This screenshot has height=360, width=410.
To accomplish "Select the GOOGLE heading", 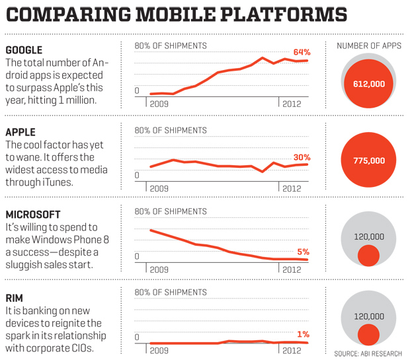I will pos(24,51).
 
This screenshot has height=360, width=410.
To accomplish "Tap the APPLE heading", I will pos(20,132).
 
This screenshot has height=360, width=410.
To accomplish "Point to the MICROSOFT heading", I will pos(32,215).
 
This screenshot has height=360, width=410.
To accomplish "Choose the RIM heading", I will pos(14,298).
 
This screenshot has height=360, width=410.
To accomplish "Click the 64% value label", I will pos(302,52).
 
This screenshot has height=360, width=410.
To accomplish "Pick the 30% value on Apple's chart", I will pos(302,157).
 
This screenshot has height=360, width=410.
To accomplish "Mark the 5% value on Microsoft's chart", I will pos(304,252).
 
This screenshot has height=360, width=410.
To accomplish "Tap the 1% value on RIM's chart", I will pos(304,334).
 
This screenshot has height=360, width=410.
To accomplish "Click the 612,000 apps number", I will pos(369,85).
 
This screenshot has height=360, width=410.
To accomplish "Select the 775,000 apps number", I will pos(369,161).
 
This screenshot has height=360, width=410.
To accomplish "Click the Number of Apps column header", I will pos(369,46).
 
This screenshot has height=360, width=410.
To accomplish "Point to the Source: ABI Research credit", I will pos(368,354).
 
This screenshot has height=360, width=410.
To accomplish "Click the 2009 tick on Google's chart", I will pos(159,104).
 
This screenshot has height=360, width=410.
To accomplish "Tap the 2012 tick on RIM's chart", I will pos(292,351).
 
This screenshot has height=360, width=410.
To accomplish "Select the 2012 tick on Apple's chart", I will pos(292,188).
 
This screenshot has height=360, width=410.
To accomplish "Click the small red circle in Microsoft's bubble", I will pos(368,255).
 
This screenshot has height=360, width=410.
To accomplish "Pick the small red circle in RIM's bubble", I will pos(368,335).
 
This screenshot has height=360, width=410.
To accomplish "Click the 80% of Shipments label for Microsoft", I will pos(171,211).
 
